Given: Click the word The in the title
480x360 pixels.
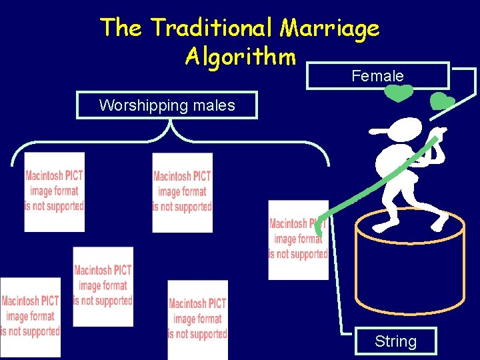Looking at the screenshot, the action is coord(121,28).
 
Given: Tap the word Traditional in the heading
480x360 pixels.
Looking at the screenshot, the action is coord(211,28).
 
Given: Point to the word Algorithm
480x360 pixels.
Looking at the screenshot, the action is coord(240,57).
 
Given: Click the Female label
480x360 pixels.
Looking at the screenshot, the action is coord(377,76).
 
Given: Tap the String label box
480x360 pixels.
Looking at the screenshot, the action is coord(395,341).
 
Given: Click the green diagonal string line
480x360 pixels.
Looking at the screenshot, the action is coord(373,180).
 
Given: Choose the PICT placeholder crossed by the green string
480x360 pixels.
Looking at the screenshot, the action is coord(298,239).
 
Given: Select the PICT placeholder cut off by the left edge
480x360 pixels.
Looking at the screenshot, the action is coord(30,317).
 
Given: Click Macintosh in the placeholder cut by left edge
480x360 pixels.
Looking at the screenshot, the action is coord(30,301).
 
